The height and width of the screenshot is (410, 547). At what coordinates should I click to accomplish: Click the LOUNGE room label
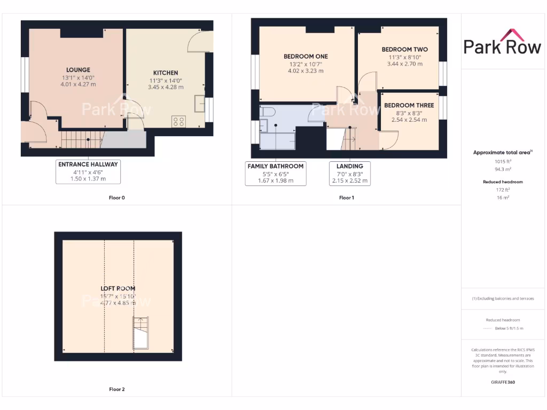[x=78, y=70]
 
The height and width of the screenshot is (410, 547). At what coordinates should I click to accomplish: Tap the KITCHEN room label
[x=166, y=73]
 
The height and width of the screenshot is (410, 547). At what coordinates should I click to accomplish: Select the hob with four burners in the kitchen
[x=178, y=121]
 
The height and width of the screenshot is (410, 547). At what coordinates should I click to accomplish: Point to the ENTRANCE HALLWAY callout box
[x=88, y=171]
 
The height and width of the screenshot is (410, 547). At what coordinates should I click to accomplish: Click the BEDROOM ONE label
[x=306, y=57]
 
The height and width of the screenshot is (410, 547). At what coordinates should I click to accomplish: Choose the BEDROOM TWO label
[x=404, y=50]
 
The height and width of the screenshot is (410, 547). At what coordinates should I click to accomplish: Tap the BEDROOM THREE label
[x=409, y=106]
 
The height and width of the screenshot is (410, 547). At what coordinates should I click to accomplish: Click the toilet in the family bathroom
[x=267, y=111]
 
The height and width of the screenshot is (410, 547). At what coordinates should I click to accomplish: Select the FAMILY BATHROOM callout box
[x=276, y=174]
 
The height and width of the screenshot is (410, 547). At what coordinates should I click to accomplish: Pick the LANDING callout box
[x=350, y=174]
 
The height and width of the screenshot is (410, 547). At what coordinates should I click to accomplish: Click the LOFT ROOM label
[x=118, y=289]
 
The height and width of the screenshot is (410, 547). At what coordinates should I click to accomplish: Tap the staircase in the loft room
[x=140, y=333]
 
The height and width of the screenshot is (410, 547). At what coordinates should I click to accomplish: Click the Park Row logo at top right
[x=502, y=42]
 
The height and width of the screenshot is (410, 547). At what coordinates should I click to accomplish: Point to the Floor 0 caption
[x=116, y=198]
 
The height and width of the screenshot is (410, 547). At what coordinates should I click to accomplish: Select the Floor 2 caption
[x=116, y=390]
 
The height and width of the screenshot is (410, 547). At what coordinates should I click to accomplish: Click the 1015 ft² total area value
[x=502, y=161]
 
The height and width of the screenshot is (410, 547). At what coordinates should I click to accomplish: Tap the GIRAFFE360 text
[x=502, y=382]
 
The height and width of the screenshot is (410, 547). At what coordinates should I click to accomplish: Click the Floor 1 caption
[x=346, y=198]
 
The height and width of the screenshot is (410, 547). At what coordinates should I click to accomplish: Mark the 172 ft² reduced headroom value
[x=502, y=190]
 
